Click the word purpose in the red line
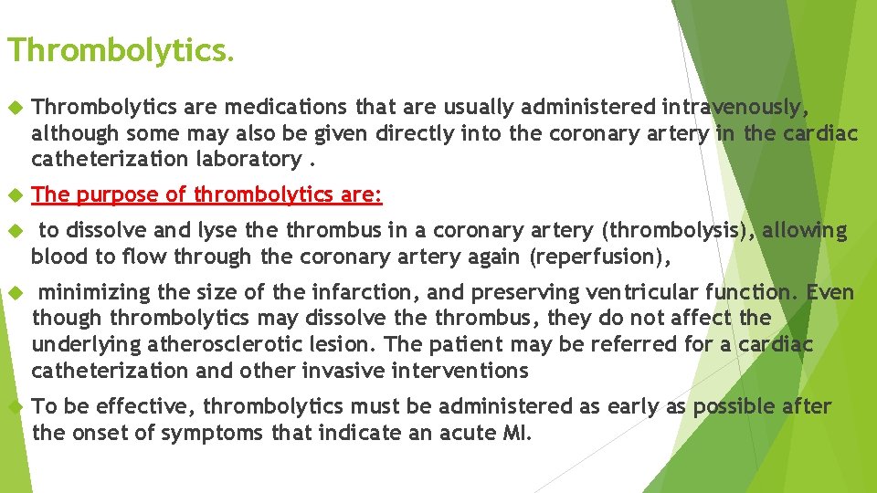click(x=113, y=194)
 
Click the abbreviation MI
click(x=515, y=432)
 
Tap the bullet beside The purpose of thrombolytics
click(x=13, y=195)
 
